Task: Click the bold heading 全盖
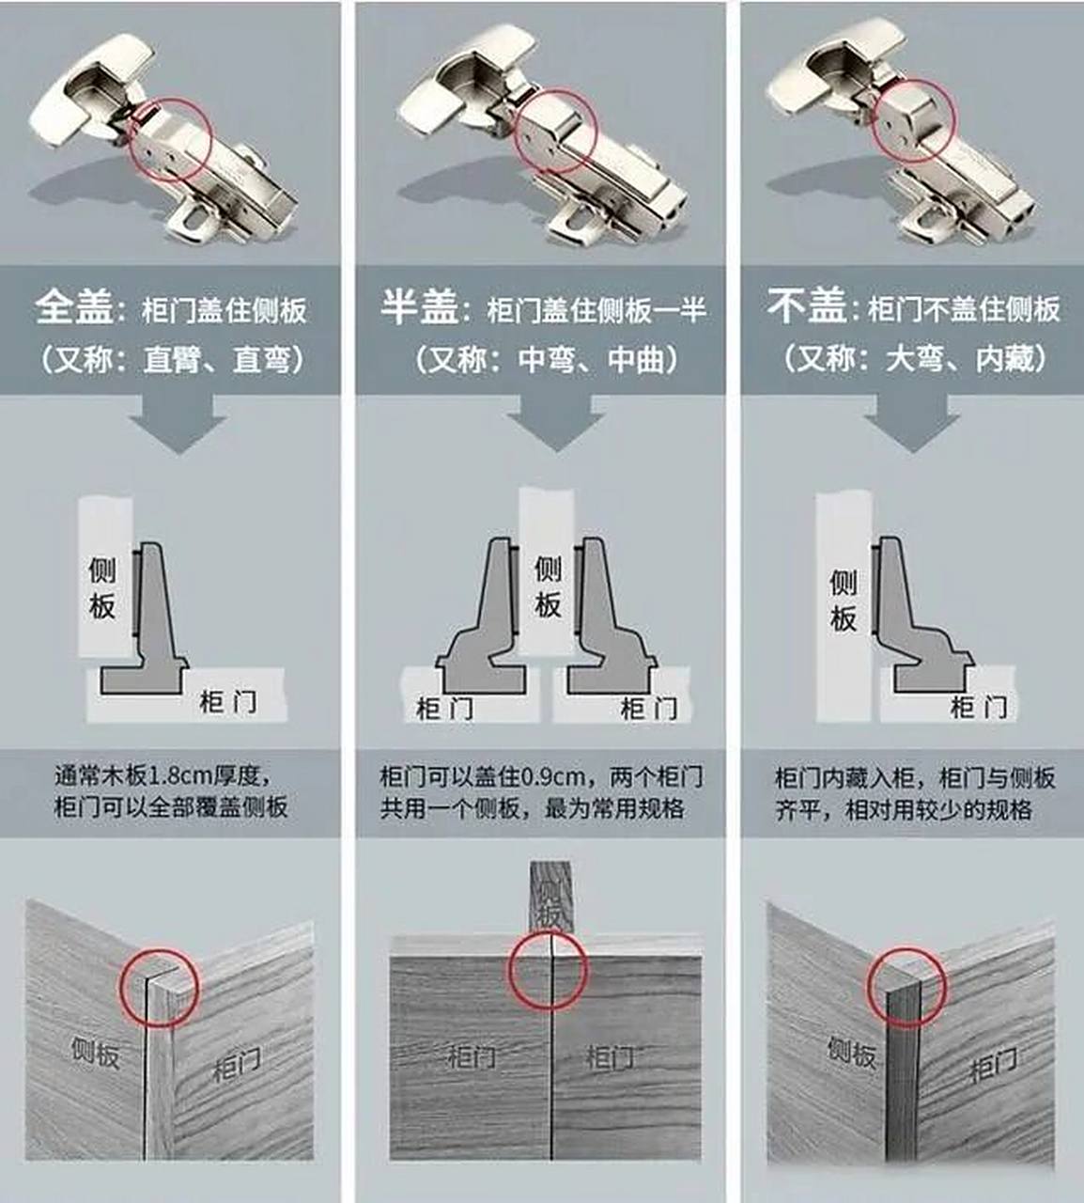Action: pos(74,308)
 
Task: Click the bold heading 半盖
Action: pos(419,308)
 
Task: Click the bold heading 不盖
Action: pos(806,307)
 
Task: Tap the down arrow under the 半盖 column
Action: pos(554,422)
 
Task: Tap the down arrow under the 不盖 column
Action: pos(911,422)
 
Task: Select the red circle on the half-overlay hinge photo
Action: pos(556,132)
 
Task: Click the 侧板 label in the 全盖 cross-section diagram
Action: pos(102,588)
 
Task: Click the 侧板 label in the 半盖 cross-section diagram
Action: pos(548,586)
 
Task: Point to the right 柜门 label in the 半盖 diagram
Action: pos(647,708)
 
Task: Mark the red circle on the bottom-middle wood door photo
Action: pos(549,971)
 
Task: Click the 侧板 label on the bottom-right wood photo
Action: pos(852,1052)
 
